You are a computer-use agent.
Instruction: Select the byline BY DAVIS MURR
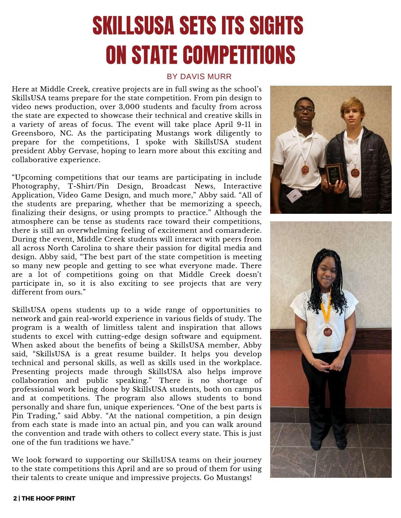click(199, 77)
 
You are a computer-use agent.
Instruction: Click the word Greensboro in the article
click(31, 133)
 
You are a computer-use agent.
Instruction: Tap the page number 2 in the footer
click(15, 499)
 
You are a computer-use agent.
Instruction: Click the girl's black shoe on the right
click(341, 445)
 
